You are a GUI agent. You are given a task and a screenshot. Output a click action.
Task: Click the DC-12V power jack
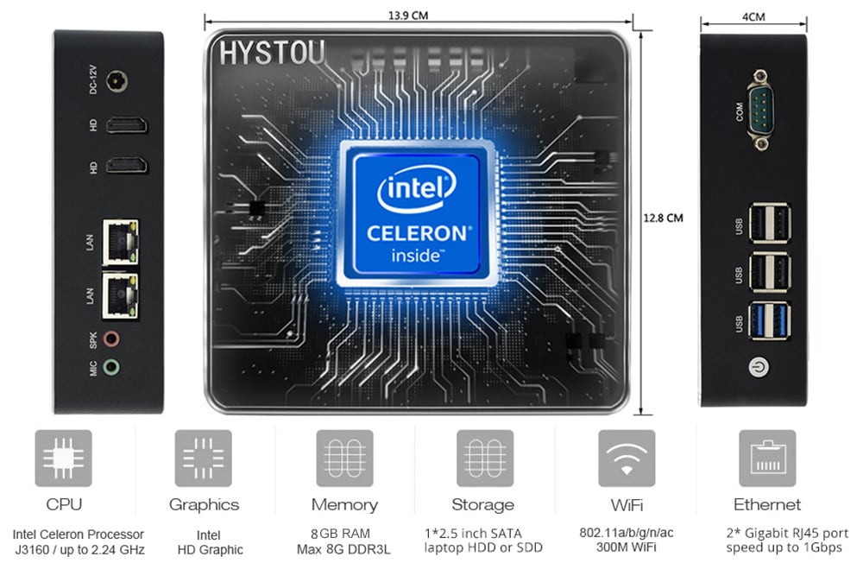(117, 81)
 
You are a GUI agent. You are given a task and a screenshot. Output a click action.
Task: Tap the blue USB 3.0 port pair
(770, 321)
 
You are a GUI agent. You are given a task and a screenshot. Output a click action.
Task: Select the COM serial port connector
(760, 110)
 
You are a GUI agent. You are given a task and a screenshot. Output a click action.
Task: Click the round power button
(759, 367)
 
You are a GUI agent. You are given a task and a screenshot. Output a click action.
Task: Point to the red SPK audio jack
(111, 338)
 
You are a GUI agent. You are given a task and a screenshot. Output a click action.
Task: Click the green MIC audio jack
(111, 367)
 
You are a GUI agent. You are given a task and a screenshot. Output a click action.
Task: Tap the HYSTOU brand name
(272, 54)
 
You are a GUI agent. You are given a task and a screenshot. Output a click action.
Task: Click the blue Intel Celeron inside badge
(416, 213)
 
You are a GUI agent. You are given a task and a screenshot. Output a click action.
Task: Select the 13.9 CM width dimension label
(408, 16)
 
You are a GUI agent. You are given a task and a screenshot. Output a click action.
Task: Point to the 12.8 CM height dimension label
(663, 218)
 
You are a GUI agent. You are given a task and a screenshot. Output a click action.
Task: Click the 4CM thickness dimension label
(753, 17)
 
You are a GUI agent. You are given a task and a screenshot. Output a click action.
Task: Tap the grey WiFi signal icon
(627, 459)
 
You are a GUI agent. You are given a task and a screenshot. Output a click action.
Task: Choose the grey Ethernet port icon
(767, 459)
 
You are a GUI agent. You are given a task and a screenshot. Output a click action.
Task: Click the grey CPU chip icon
(63, 459)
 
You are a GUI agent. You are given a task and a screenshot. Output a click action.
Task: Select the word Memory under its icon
(344, 504)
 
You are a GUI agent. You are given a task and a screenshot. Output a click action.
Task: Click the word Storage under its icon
(482, 504)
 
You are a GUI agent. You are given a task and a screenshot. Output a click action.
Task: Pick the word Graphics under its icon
(205, 505)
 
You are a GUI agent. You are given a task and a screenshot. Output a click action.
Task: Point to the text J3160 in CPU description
(32, 549)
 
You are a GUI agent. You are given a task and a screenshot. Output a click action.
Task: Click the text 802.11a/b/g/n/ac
(627, 533)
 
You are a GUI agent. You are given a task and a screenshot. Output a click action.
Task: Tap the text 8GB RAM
(340, 534)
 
